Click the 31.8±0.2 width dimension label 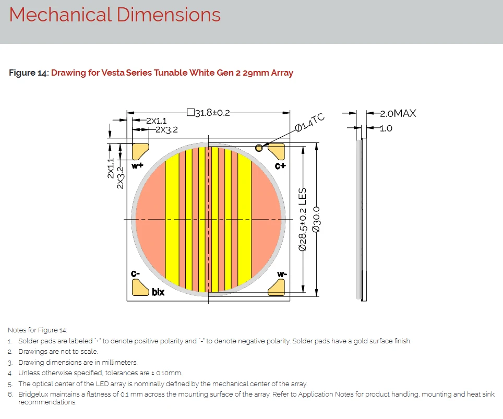click(x=212, y=113)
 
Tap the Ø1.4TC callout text click(x=309, y=122)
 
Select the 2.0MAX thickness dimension click(x=398, y=113)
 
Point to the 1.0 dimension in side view click(x=386, y=128)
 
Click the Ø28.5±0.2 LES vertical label click(x=303, y=219)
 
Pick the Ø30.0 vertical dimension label click(x=316, y=220)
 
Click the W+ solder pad click(x=140, y=151)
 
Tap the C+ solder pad click(x=276, y=151)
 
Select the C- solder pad click(x=140, y=288)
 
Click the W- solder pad click(x=276, y=288)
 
